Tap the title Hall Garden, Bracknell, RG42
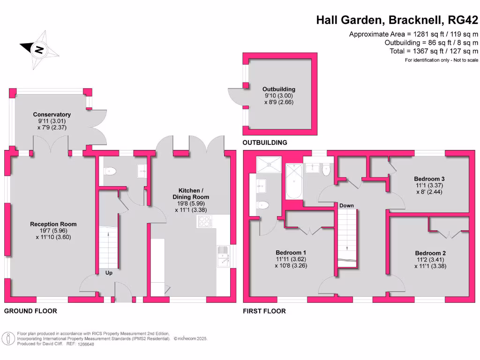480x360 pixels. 397,20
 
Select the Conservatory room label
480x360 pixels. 52,114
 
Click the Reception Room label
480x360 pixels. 53,224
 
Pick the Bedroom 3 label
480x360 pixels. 429,179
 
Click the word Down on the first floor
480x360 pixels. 346,205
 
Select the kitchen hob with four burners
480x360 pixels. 204,221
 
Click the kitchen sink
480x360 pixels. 222,256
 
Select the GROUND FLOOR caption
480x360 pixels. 30,311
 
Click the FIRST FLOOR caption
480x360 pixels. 264,311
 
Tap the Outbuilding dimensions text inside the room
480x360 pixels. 279,99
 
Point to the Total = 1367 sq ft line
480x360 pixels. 434,51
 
